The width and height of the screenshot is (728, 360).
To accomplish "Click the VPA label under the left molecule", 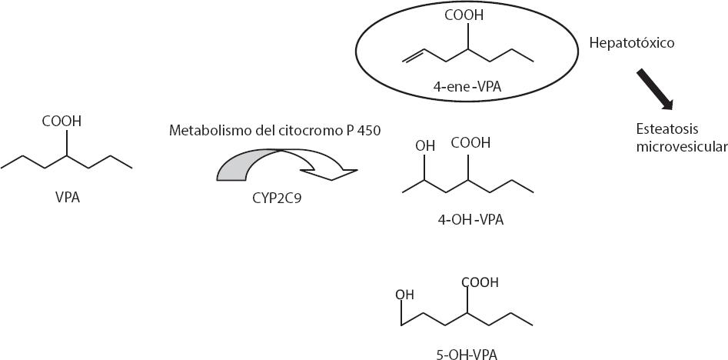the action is click(x=68, y=198).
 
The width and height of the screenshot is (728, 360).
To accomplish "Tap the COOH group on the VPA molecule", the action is click(x=61, y=122).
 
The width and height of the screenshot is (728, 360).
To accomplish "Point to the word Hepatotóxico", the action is click(x=631, y=43).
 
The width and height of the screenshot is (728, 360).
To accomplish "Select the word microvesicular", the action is click(x=681, y=146).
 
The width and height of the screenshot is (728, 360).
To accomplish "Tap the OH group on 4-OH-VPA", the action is click(x=424, y=144).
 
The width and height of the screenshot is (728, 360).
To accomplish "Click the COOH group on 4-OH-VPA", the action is click(x=470, y=144).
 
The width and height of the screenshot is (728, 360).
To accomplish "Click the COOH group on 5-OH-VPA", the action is click(x=480, y=282).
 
